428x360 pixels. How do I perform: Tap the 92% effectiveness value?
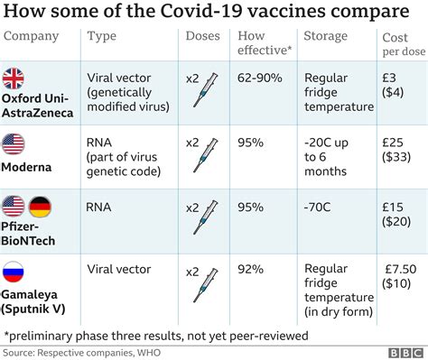[x=252, y=268]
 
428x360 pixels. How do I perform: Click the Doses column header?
[x=203, y=38]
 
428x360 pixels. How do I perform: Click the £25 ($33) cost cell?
[x=396, y=150]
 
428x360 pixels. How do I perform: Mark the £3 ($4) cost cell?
[x=395, y=86]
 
